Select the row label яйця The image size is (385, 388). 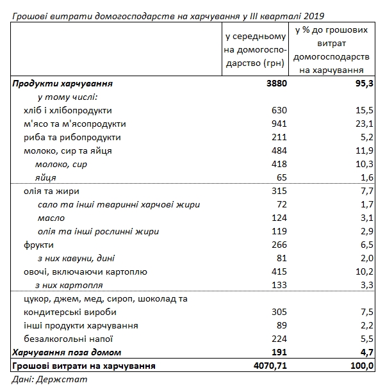click(45, 178)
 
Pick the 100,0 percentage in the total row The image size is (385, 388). click(363, 366)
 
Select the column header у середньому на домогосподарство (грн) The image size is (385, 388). click(255, 48)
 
